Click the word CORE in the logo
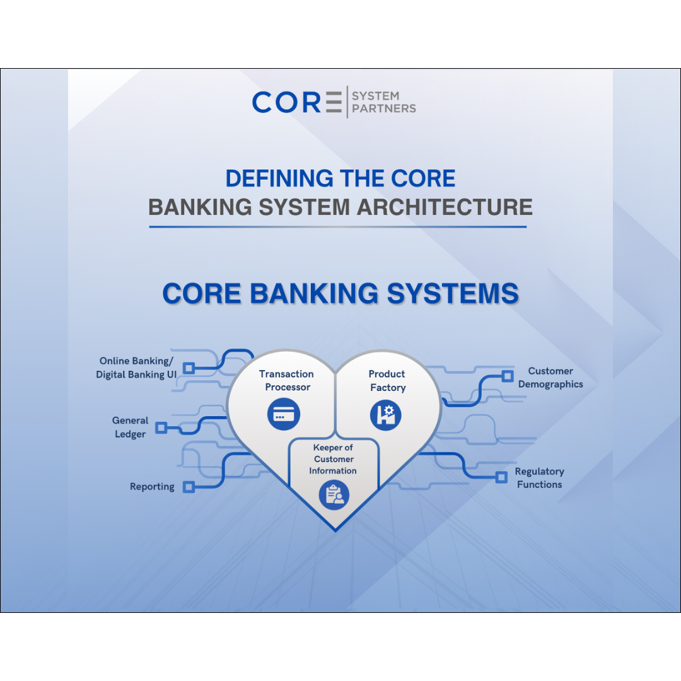pos(296,102)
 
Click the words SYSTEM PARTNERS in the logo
pos(384,102)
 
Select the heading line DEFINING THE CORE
pos(340,178)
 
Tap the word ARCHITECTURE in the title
pos(445,207)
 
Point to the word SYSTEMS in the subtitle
pos(453,293)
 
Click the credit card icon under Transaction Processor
pos(284,414)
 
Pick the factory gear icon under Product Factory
pos(386,415)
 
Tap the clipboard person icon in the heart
pos(334,495)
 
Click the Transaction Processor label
pos(287,380)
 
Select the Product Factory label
pos(387,380)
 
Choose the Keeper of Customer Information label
pos(333,459)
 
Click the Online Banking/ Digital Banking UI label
pos(136,368)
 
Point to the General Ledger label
pos(131,427)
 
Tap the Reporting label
pos(152,486)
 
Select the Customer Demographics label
pos(550,378)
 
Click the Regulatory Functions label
pos(539,478)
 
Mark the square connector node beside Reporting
pos(189,487)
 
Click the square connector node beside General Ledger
pos(161,428)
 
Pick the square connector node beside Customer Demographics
pos(507,376)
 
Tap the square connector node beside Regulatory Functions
pos(501,477)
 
